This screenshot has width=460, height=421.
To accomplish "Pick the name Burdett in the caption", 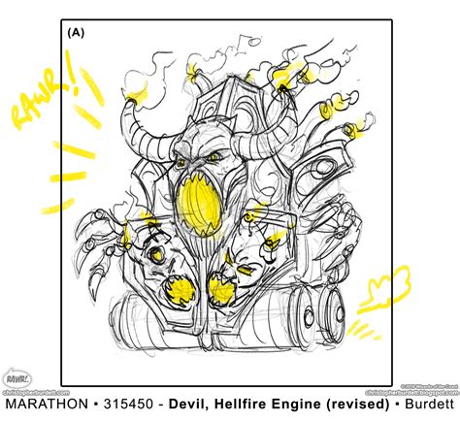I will point(427,403).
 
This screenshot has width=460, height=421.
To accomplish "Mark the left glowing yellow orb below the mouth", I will point(177,288).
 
